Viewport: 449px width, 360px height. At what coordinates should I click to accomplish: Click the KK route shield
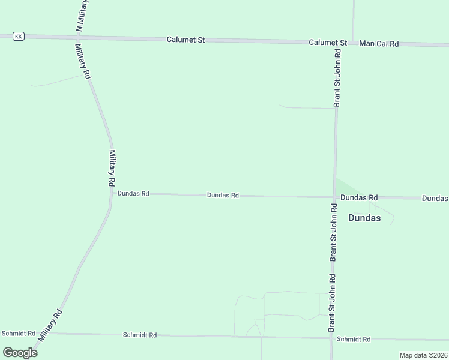click(19, 37)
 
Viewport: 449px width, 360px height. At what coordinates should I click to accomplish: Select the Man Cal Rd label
click(379, 44)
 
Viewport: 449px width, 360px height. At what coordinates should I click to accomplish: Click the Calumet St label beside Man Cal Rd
click(328, 43)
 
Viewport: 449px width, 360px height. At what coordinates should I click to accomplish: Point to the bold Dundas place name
click(364, 218)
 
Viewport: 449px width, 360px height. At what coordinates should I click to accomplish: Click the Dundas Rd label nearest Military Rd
click(133, 194)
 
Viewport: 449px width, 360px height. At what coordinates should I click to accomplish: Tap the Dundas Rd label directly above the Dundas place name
click(358, 197)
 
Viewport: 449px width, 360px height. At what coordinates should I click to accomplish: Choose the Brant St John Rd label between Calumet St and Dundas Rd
click(337, 78)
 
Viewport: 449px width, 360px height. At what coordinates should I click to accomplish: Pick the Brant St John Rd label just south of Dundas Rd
click(333, 232)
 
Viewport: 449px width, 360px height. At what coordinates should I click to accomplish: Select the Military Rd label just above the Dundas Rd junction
click(112, 167)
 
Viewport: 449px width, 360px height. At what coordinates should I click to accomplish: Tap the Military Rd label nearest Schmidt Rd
click(50, 325)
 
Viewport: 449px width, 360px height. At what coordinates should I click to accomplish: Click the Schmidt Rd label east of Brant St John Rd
click(354, 339)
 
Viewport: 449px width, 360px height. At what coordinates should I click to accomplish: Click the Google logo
click(20, 352)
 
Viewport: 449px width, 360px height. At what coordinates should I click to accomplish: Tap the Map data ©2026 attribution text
click(423, 355)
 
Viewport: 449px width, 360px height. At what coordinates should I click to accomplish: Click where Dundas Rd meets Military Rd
click(112, 193)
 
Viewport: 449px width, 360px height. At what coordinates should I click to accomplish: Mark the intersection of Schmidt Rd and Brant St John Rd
click(331, 338)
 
